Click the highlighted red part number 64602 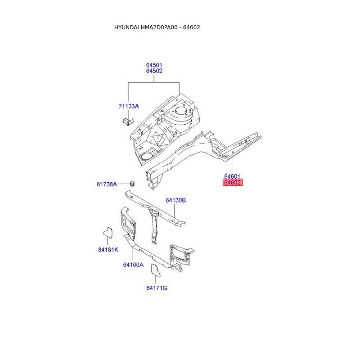(233, 183)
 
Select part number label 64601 (232, 176)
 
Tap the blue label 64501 (154, 65)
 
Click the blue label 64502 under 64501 (154, 71)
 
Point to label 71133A (129, 106)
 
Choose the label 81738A (107, 184)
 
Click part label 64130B (175, 200)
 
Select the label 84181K (108, 249)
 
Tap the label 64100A (133, 265)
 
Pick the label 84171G (157, 288)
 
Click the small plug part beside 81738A (132, 184)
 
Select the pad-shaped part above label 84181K (107, 232)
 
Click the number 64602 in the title (192, 27)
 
